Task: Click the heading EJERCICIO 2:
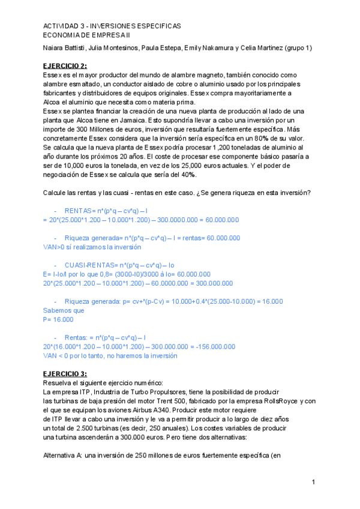point(65,65)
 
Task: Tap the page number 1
point(313,483)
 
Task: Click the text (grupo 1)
point(296,48)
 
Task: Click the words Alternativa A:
point(64,456)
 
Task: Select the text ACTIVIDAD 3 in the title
point(62,27)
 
